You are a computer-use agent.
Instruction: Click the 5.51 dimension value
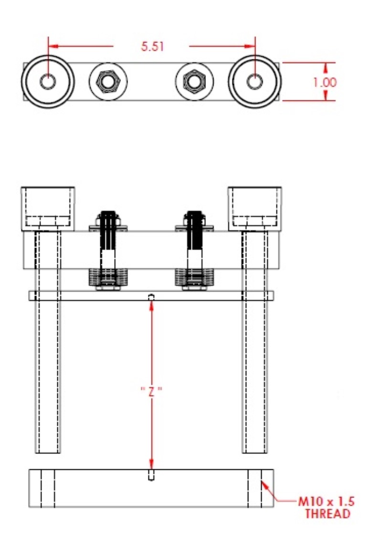tap(152, 46)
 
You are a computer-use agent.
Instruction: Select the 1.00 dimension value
tap(325, 82)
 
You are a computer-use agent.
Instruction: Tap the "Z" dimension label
tap(151, 391)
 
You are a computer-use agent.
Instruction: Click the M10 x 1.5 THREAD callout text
tap(327, 508)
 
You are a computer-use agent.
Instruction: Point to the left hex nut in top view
tap(108, 82)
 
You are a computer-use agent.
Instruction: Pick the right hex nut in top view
tap(194, 82)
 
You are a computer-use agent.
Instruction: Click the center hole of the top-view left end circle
tap(47, 82)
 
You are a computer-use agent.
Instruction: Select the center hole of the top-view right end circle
tap(255, 82)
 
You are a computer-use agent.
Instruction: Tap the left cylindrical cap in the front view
tap(48, 209)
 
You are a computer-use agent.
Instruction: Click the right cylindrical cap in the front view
tap(255, 209)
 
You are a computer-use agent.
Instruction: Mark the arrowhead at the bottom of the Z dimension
tap(151, 464)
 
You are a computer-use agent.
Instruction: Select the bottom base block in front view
tap(151, 488)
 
